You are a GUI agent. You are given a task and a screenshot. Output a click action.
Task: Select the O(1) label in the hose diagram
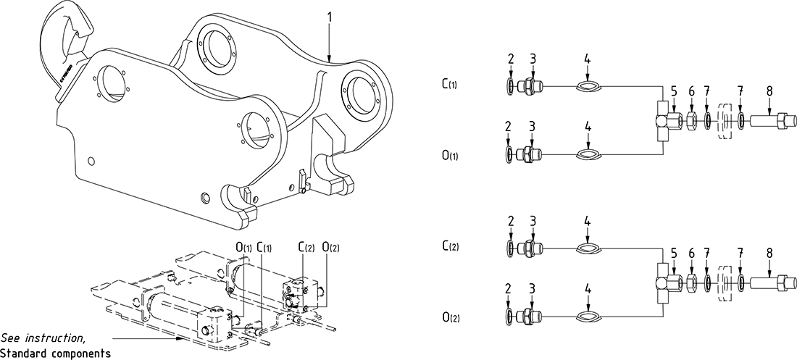coord(448,156)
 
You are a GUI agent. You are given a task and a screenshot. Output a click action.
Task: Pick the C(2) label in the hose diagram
coord(448,247)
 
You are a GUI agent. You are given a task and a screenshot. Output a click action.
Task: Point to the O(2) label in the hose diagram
coord(448,317)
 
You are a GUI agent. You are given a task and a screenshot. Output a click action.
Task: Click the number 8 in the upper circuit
coord(768,91)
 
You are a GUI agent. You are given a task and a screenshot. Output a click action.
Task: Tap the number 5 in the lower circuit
coord(673,254)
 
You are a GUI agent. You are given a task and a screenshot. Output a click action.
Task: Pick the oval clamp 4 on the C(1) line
coord(588,86)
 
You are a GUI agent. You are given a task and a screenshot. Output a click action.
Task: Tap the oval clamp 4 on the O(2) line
coord(588,317)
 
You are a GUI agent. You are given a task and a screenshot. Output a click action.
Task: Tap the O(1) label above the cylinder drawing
coord(244,246)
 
